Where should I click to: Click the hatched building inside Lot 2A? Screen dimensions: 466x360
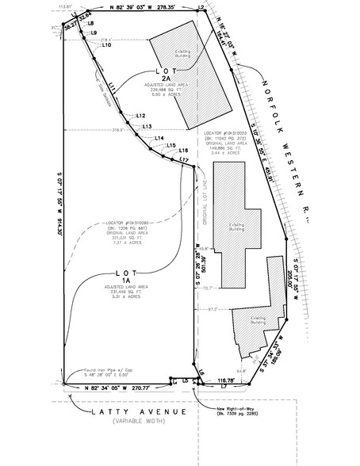[x=180, y=75]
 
